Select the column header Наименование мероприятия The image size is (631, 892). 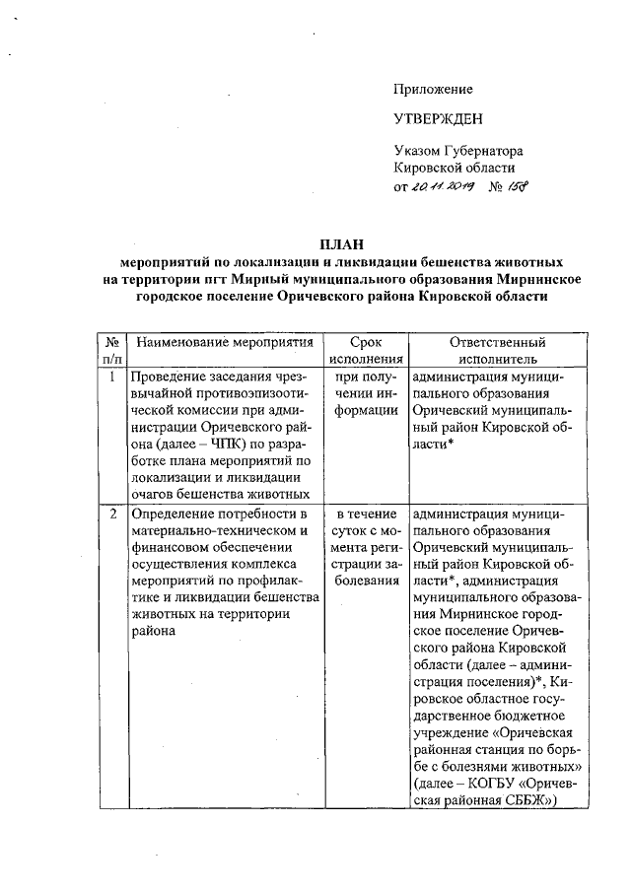(x=224, y=342)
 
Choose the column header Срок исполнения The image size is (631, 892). (x=366, y=351)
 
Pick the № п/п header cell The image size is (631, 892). (x=113, y=351)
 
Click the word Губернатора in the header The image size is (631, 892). (x=485, y=152)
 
